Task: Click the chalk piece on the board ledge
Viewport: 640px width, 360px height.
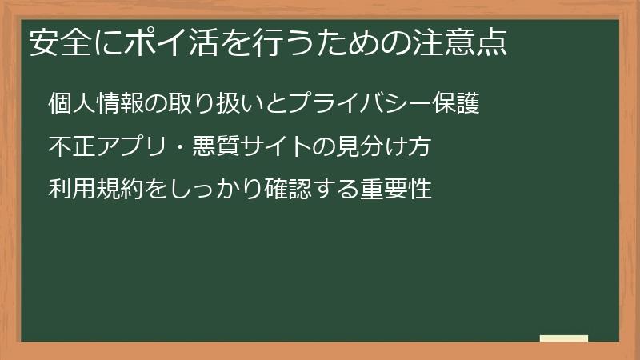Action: tap(563, 338)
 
